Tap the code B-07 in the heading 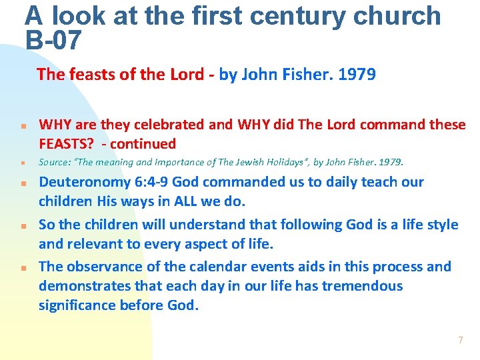(53, 41)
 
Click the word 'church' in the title (403, 15)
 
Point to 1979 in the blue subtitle (357, 74)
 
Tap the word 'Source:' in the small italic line (55, 162)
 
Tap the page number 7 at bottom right (460, 340)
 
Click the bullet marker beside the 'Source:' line (23, 163)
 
